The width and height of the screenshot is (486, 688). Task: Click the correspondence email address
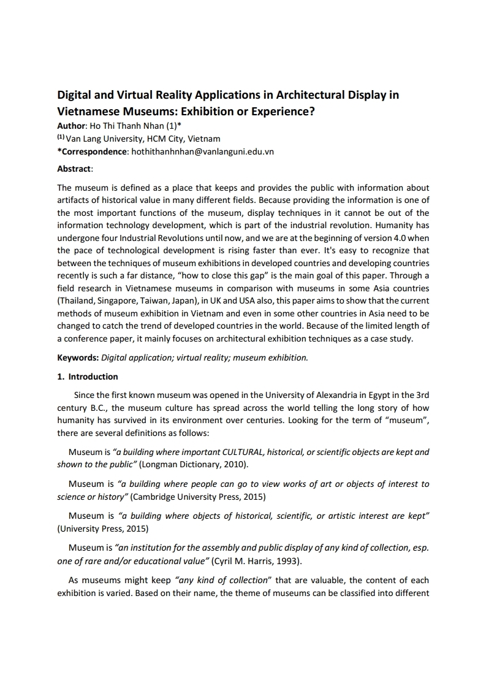click(203, 151)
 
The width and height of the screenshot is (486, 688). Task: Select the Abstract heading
click(74, 168)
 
